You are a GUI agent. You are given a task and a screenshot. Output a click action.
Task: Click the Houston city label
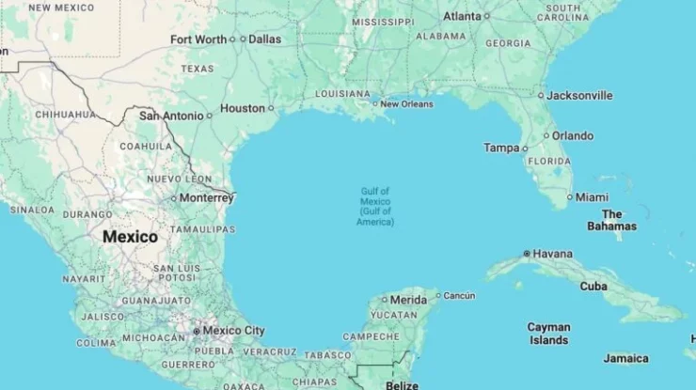tap(243, 108)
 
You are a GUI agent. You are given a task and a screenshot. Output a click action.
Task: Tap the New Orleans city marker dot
tap(374, 103)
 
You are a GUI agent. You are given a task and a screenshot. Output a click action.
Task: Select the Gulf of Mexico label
tap(375, 206)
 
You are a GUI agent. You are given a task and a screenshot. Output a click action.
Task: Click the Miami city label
tap(592, 197)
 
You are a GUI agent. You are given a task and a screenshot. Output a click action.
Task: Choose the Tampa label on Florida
tap(501, 148)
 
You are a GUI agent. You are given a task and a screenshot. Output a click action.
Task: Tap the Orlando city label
tap(572, 135)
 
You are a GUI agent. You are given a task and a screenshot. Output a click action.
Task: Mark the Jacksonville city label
tap(579, 95)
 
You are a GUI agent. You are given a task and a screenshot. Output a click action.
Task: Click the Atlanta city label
tap(462, 16)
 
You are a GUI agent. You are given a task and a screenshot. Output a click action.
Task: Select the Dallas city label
tap(265, 39)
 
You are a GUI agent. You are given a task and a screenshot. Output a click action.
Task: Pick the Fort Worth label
tap(198, 39)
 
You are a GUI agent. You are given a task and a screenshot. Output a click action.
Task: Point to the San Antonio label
tap(170, 116)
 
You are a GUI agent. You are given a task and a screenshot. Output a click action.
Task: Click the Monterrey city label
tap(205, 198)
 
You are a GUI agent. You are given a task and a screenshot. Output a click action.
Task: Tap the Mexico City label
tap(234, 331)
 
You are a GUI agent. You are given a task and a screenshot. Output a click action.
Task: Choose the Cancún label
tap(459, 295)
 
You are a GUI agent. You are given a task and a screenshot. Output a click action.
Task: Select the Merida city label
tap(408, 299)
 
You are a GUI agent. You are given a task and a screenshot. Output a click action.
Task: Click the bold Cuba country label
tap(593, 286)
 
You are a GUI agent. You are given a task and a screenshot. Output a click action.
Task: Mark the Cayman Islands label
tap(548, 334)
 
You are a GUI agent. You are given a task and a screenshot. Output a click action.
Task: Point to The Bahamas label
tap(611, 220)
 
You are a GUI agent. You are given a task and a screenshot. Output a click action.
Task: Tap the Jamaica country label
tap(625, 358)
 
